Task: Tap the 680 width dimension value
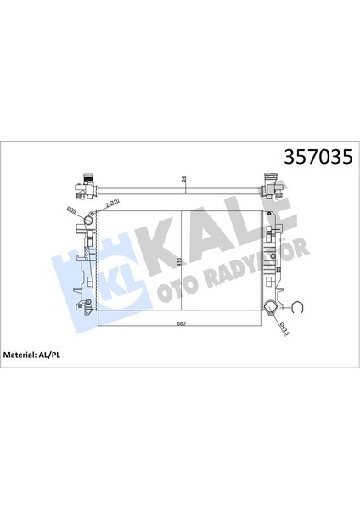click(181, 326)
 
